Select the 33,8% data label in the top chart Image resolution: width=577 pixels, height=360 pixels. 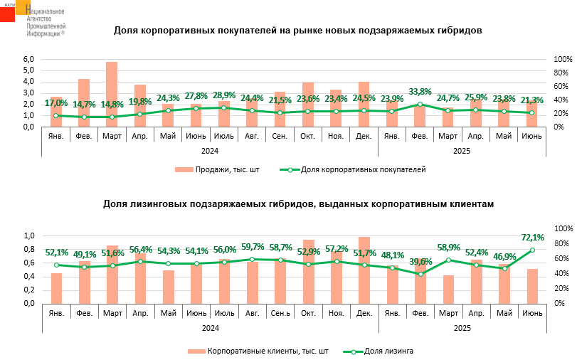[420, 92]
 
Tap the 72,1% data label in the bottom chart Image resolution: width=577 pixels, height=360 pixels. [533, 238]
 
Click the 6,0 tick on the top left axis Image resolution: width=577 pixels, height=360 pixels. [29, 59]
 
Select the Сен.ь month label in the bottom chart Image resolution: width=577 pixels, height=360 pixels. [280, 313]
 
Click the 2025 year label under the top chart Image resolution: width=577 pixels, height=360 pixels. [462, 150]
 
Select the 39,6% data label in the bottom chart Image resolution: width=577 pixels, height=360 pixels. [420, 261]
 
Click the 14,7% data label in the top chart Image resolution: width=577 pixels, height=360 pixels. [84, 104]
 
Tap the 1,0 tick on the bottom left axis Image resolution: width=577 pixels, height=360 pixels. [29, 236]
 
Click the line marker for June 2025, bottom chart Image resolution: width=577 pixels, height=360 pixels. [532, 250]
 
